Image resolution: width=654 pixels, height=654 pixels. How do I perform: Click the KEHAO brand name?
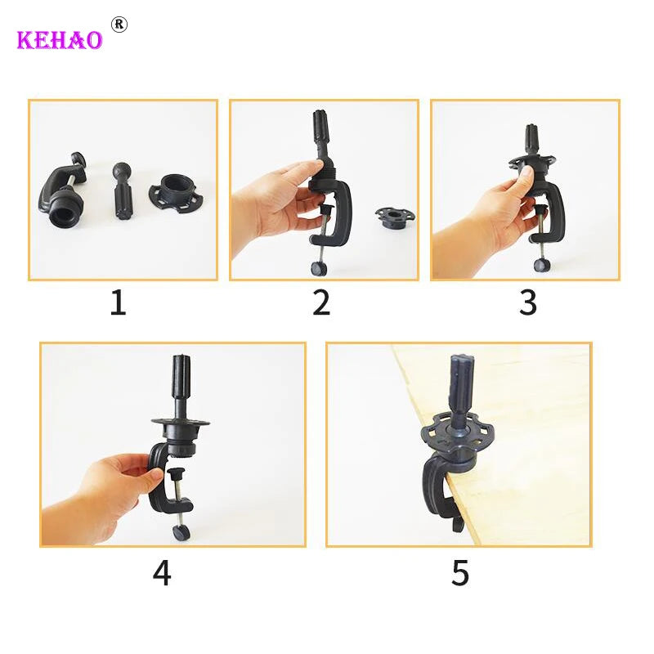(x=59, y=39)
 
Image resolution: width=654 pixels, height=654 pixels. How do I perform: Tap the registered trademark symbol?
(x=119, y=24)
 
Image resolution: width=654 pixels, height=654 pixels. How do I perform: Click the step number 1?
(x=119, y=303)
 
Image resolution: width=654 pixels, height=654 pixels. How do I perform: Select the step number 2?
(x=321, y=303)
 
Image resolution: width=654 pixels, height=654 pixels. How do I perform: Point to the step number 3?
(x=527, y=303)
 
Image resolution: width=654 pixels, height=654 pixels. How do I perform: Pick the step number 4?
(x=162, y=572)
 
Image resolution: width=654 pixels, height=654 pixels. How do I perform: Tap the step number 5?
(x=460, y=572)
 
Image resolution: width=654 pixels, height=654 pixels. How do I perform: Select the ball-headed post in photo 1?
(x=122, y=193)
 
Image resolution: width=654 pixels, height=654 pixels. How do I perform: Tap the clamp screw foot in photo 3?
(x=540, y=265)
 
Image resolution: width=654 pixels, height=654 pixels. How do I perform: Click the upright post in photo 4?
(x=179, y=384)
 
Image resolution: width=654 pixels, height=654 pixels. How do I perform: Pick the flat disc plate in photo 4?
(x=181, y=423)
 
